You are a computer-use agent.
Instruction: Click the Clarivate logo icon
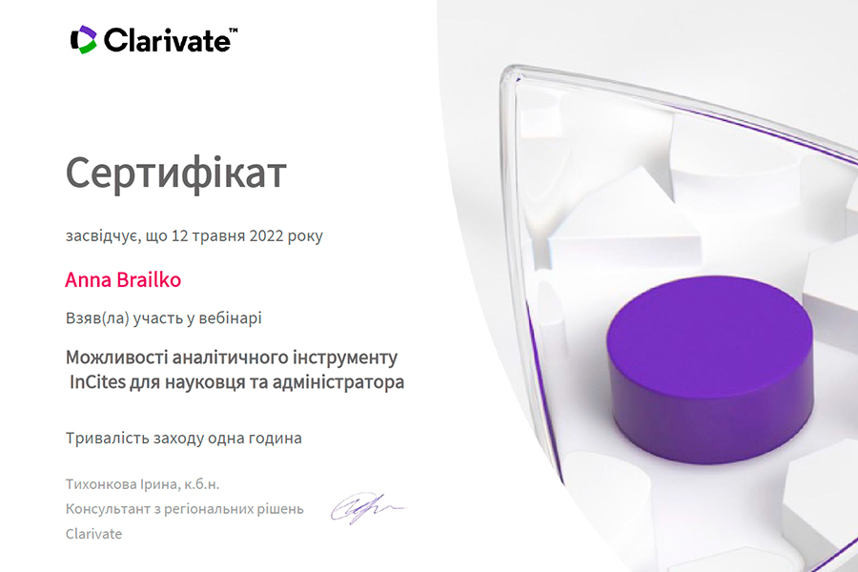tap(84, 39)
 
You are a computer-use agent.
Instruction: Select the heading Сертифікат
tap(175, 174)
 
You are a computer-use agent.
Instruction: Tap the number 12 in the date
tap(180, 235)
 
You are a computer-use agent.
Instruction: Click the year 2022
tap(266, 235)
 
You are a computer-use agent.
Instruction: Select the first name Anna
tap(89, 279)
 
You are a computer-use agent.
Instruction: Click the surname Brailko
tap(149, 279)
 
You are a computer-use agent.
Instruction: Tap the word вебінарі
tap(230, 318)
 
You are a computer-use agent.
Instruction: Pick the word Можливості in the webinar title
tap(116, 357)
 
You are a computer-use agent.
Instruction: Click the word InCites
tap(98, 381)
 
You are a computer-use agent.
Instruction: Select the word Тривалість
tap(107, 438)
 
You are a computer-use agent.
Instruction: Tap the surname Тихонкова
tap(101, 484)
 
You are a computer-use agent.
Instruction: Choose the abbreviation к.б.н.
tap(201, 484)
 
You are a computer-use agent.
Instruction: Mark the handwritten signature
tap(366, 508)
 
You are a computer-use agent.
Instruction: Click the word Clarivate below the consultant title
tap(93, 534)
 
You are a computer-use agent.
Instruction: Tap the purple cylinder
tap(709, 369)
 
